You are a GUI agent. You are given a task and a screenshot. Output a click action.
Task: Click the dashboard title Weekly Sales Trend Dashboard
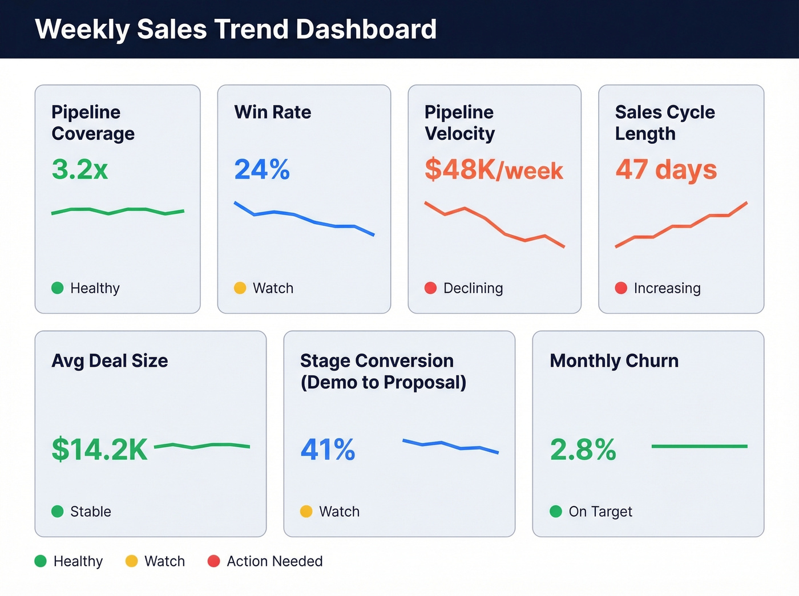(236, 29)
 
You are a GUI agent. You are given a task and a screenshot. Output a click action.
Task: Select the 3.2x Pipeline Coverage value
(79, 169)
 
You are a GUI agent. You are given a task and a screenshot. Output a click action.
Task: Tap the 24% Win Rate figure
(262, 169)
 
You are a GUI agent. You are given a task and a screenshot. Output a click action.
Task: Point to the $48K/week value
(494, 170)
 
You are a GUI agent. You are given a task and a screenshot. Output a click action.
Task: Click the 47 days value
(666, 169)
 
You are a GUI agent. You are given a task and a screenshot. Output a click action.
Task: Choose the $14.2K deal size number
(100, 449)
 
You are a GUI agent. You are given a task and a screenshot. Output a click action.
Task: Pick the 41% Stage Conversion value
(328, 449)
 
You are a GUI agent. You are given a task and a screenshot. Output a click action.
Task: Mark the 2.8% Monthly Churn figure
(583, 449)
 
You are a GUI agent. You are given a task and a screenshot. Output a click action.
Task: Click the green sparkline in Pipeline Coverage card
(118, 210)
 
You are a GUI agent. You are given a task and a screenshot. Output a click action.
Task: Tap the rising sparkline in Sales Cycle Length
(681, 226)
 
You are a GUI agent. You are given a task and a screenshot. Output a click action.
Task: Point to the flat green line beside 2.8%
(699, 446)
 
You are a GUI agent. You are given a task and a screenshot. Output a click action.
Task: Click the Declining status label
(473, 288)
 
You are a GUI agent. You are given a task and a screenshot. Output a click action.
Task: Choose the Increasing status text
(667, 288)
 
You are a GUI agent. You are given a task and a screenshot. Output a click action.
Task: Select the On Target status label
(600, 512)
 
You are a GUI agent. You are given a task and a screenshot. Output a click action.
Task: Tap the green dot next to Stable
(57, 512)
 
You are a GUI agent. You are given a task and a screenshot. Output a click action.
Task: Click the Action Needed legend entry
(275, 561)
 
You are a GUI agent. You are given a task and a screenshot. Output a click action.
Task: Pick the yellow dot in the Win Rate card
(240, 288)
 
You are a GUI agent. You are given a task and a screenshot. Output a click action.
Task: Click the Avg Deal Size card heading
(110, 360)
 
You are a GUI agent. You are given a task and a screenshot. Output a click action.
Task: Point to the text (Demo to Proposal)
(383, 382)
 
